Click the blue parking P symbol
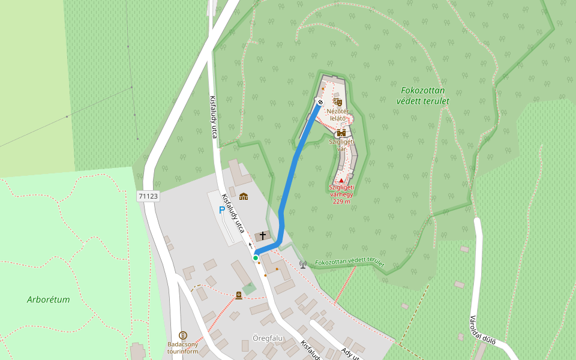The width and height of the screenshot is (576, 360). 221,211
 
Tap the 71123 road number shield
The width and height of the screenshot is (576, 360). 148,196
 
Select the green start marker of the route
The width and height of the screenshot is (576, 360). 256,258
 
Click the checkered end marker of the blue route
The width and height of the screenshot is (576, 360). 320,102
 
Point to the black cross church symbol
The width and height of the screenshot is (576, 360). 262,236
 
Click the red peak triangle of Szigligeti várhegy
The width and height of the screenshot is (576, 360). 341,180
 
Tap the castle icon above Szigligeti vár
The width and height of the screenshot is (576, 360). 341,133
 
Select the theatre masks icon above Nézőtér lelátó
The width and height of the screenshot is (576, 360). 337,102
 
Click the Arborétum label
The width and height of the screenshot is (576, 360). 49,299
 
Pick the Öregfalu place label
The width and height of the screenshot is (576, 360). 268,338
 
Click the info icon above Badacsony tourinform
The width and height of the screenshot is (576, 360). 183,335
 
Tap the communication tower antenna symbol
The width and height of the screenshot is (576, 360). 303,264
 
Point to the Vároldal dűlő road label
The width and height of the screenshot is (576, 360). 482,330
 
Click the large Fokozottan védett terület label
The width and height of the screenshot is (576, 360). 423,95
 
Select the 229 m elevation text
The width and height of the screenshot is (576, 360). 341,201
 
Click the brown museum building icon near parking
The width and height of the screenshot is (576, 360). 244,196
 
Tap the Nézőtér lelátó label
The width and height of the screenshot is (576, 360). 338,115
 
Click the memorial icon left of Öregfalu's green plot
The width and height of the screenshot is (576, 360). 239,295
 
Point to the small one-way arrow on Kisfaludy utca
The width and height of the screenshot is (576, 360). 251,245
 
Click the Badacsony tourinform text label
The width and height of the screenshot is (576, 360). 182,348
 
